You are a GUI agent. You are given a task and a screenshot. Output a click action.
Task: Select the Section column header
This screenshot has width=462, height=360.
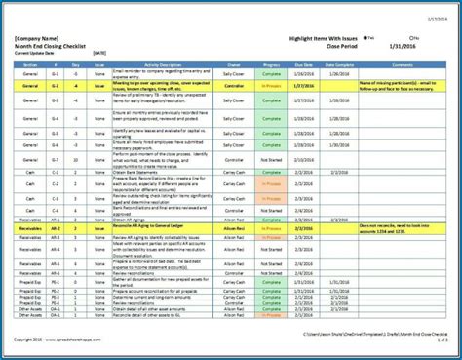[x=30, y=62]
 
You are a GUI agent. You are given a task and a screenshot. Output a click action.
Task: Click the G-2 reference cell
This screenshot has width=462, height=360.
[x=56, y=85]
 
